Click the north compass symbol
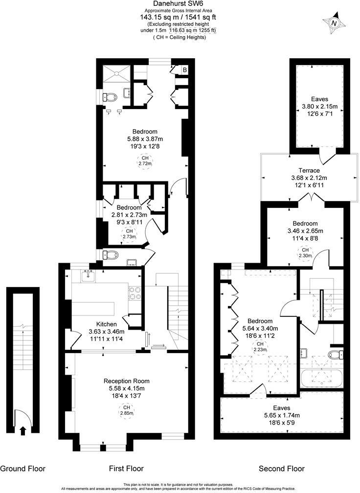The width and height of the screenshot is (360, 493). click(x=334, y=22)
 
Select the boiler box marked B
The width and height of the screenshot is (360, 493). click(x=184, y=70)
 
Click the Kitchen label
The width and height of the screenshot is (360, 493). click(x=106, y=324)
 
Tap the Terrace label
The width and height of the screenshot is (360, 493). click(x=309, y=170)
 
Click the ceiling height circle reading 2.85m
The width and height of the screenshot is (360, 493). click(x=126, y=410)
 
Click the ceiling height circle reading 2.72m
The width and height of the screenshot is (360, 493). click(x=144, y=161)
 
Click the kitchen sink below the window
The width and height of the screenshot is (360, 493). click(x=89, y=277)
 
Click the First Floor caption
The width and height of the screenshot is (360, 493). click(x=126, y=469)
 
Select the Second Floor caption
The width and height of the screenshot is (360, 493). click(x=281, y=469)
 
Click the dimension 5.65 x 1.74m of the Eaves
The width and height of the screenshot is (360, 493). click(x=281, y=415)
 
